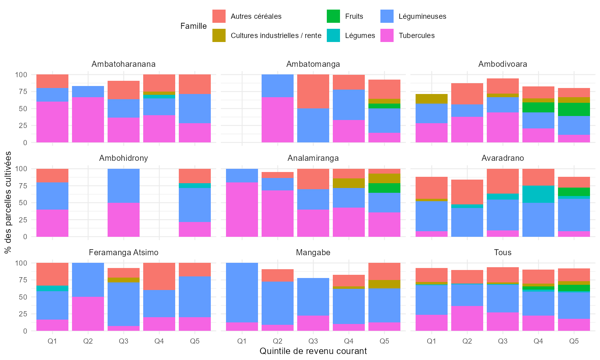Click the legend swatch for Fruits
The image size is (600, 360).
(x=333, y=16)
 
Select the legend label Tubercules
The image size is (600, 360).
(x=416, y=36)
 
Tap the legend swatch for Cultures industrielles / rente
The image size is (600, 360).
(x=219, y=36)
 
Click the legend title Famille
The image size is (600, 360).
(x=194, y=26)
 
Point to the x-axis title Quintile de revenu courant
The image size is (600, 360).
(x=313, y=351)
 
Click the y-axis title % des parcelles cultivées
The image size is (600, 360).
(x=8, y=203)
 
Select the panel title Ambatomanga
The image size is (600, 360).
(x=313, y=64)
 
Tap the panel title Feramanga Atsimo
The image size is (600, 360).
(x=124, y=252)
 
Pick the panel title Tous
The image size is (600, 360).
(x=503, y=252)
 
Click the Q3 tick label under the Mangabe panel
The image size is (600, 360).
(x=313, y=341)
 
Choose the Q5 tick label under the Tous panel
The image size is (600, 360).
(x=574, y=341)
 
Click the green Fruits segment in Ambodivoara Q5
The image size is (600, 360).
(x=574, y=109)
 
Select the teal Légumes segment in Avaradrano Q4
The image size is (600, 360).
(x=538, y=194)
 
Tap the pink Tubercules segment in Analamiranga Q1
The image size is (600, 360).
(x=242, y=209)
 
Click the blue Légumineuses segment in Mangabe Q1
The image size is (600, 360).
(x=242, y=292)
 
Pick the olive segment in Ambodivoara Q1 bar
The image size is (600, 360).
(x=432, y=99)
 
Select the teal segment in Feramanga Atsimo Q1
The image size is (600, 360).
(x=52, y=288)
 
